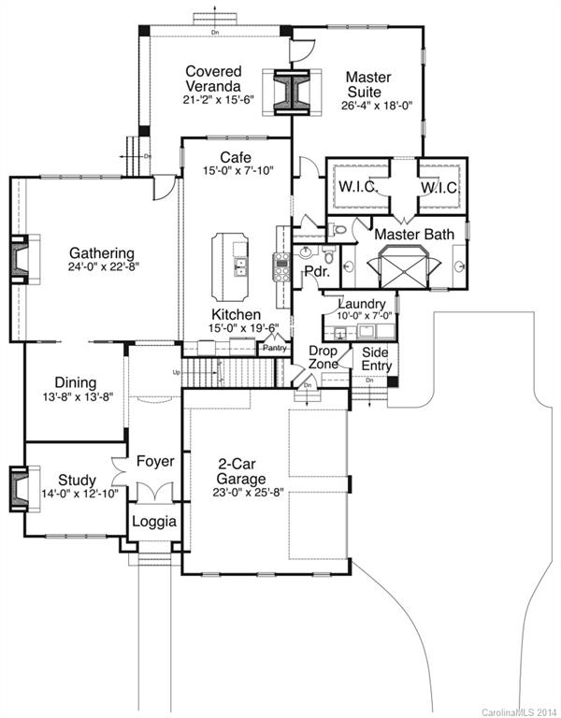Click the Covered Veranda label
(x=213, y=79)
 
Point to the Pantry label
(x=274, y=348)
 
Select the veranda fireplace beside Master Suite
(x=288, y=93)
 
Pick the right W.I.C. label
(x=438, y=188)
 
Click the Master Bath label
(x=412, y=233)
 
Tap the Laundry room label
(x=361, y=304)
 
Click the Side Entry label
(x=370, y=358)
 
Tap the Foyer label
(x=155, y=462)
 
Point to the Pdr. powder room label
(x=315, y=271)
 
